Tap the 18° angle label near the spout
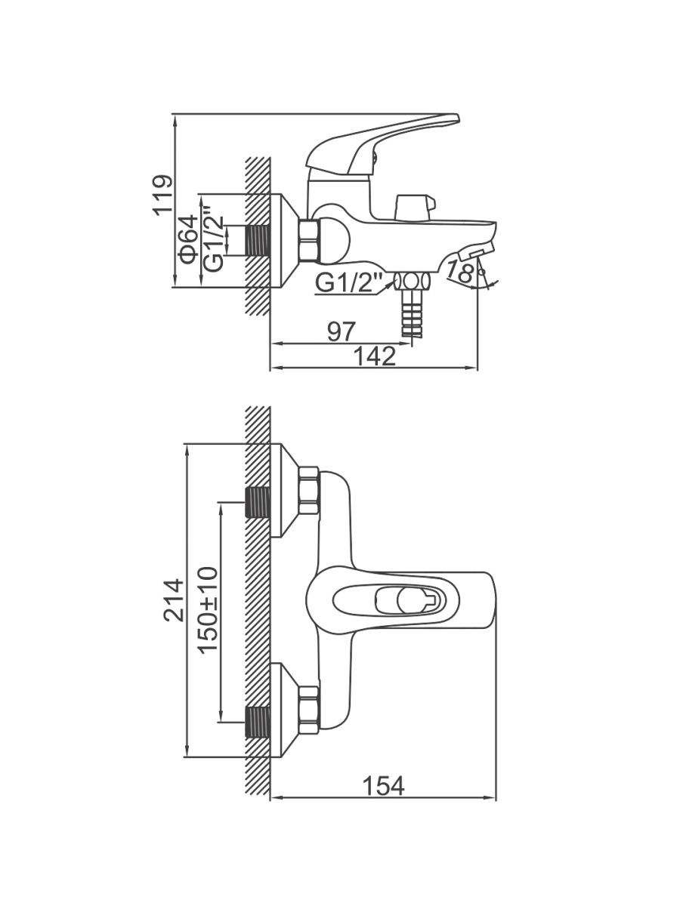pyautogui.click(x=462, y=270)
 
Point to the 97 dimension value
pyautogui.click(x=341, y=330)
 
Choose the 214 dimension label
pyautogui.click(x=174, y=599)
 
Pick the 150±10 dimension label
pyautogui.click(x=208, y=609)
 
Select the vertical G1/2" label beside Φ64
pyautogui.click(x=215, y=240)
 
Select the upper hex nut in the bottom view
pyautogui.click(x=308, y=491)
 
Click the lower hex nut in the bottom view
pyautogui.click(x=308, y=710)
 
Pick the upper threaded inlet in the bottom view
pyautogui.click(x=258, y=503)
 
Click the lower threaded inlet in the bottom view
pyautogui.click(x=258, y=722)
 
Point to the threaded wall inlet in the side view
pyautogui.click(x=258, y=241)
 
